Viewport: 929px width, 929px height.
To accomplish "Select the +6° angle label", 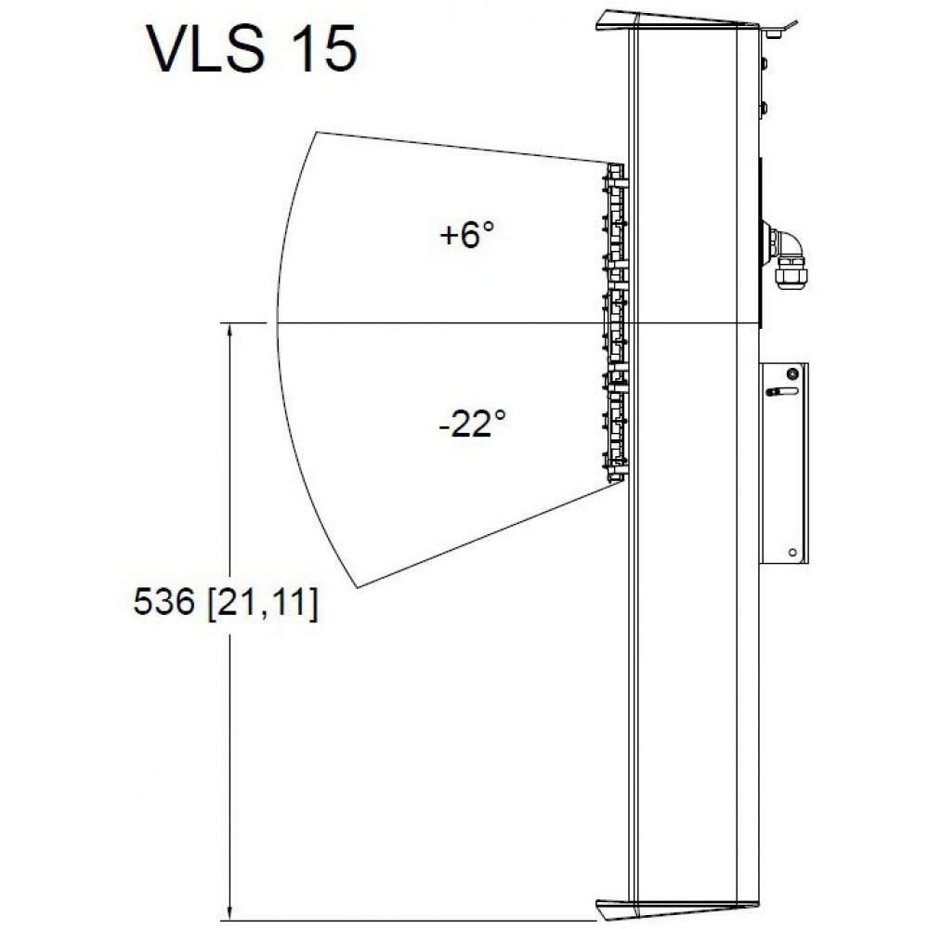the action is pos(466,234).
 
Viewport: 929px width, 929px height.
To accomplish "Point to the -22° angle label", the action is pos(472,423).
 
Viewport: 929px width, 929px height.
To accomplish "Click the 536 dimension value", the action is pos(164,602).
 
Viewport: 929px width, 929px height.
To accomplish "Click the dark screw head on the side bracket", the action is pos(792,373).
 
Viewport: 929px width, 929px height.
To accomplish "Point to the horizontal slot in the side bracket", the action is pos(782,392).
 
